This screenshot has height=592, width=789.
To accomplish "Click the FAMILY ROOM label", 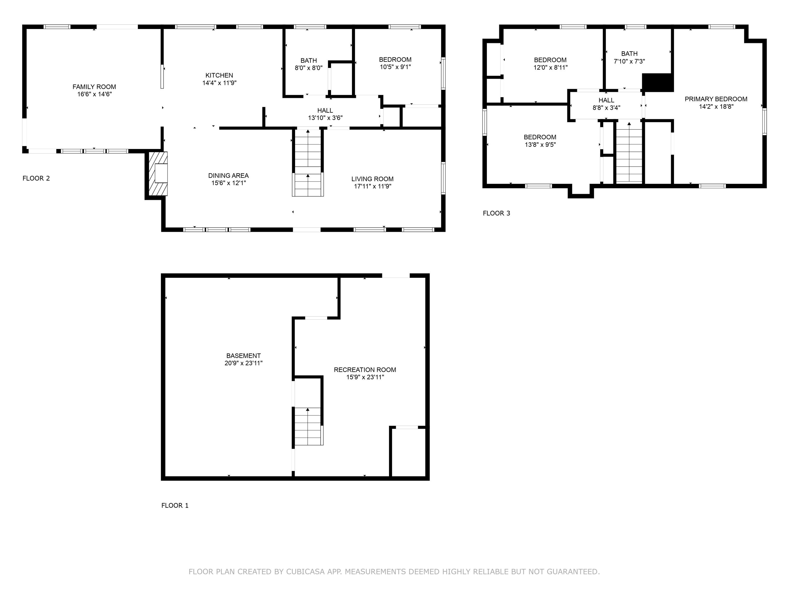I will (94, 87).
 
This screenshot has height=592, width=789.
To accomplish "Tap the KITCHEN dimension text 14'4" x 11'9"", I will (219, 83).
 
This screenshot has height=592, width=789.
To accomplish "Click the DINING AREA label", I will (228, 175).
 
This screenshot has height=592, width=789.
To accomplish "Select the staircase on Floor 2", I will (307, 162).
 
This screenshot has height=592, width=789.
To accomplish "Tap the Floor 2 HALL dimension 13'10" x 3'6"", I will (325, 118).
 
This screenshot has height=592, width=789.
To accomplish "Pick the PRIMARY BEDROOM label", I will (716, 99).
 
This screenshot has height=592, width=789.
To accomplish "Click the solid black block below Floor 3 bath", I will (657, 82).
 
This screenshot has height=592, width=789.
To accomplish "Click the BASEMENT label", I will (243, 356).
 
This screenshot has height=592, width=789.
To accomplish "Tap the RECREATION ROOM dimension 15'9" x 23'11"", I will (365, 377).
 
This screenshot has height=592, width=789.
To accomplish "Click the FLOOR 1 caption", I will (175, 505).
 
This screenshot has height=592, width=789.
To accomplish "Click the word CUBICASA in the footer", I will (305, 572).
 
